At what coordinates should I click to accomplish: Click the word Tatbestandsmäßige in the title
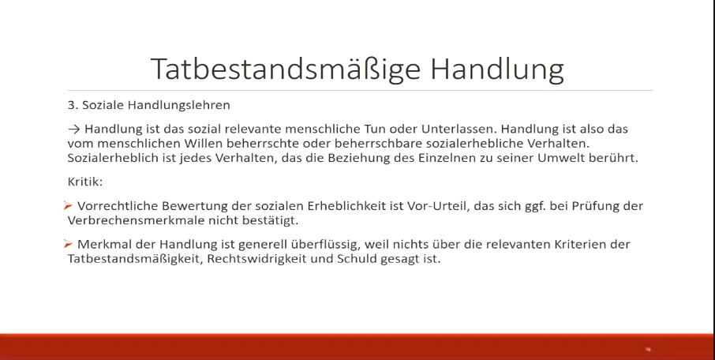tap(285, 69)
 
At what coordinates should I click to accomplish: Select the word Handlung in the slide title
tap(497, 69)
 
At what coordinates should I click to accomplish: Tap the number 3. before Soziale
tap(73, 105)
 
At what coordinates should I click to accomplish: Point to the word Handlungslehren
tap(178, 106)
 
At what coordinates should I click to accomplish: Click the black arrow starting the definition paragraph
tap(74, 129)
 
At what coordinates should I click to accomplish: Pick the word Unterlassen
tap(459, 129)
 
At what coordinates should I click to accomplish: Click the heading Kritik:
tap(85, 182)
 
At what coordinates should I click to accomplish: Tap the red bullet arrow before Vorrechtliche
tap(68, 206)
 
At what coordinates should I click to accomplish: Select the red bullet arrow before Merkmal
tap(68, 244)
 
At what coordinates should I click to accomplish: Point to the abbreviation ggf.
tap(535, 207)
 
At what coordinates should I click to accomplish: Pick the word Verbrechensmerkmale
tap(136, 220)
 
